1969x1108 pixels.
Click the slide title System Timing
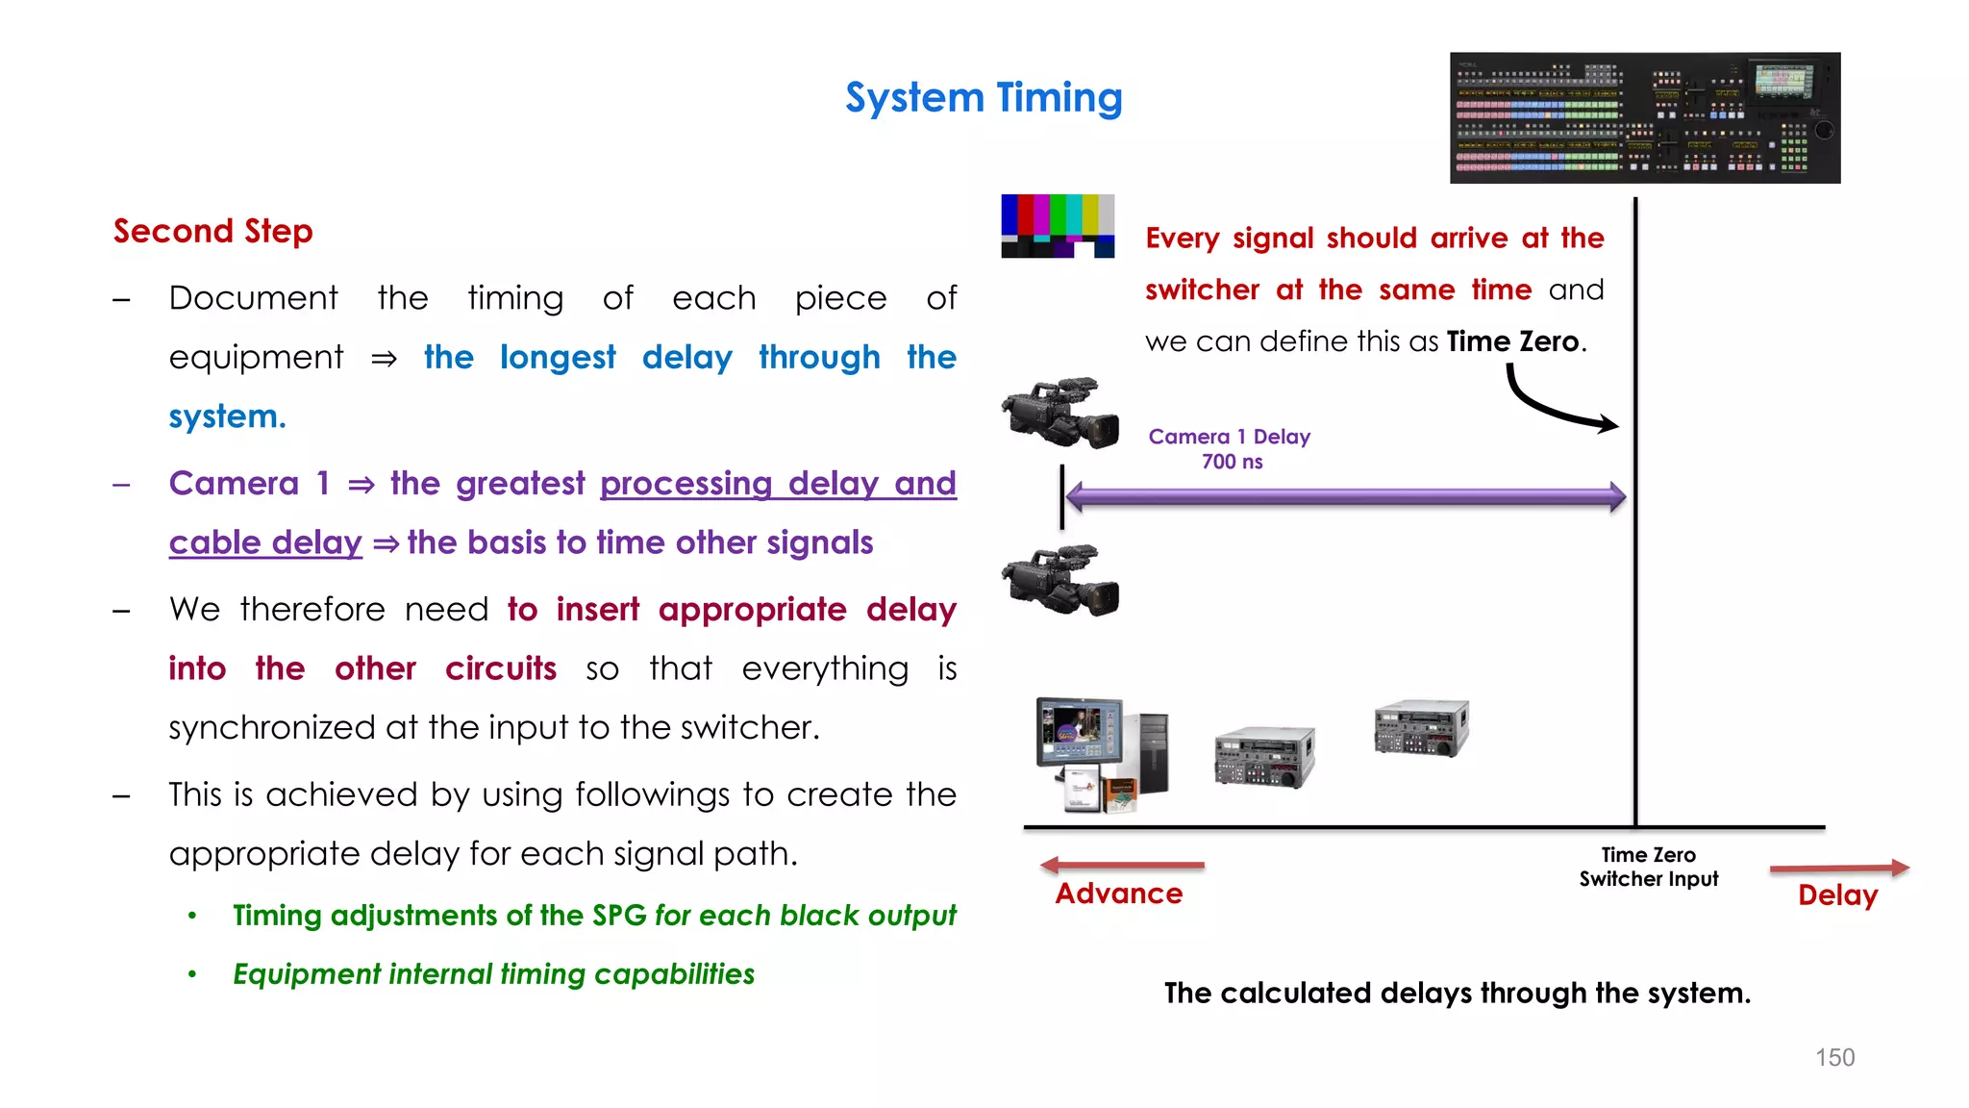984,98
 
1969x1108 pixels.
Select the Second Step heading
212,232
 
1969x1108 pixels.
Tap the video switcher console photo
1644,117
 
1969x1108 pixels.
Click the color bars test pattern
1058,226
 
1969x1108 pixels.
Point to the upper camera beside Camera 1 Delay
1060,414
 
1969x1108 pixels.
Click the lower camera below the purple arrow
1060,581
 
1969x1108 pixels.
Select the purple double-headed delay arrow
1346,497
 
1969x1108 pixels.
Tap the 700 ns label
1232,463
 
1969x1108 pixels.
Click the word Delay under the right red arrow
1837,895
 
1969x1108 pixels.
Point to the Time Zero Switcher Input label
1648,867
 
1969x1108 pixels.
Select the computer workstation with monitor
1101,755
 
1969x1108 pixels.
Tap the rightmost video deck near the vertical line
1422,728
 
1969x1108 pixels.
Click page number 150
1834,1058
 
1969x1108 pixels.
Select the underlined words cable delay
265,543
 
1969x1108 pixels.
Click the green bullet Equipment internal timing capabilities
493,974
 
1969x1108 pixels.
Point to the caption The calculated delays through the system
1457,994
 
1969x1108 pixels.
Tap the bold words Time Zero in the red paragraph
1512,342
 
